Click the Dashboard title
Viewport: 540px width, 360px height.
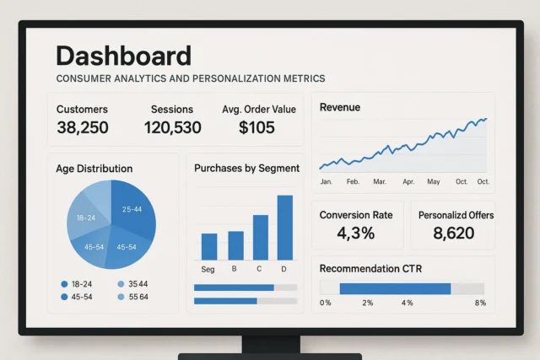point(123,56)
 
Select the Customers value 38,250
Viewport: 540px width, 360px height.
point(82,127)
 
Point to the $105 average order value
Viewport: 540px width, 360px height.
point(256,127)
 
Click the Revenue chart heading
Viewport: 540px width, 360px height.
point(340,107)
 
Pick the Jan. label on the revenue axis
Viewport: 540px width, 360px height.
point(327,181)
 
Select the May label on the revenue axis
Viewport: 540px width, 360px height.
point(434,181)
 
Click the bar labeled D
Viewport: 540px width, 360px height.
point(284,227)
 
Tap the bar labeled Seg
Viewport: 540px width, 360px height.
point(208,246)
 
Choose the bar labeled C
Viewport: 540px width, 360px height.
point(261,237)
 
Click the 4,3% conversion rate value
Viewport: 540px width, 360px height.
point(356,233)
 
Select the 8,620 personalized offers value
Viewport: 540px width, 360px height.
point(454,233)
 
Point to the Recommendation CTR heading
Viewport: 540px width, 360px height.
point(370,268)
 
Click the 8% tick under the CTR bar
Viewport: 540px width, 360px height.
point(481,302)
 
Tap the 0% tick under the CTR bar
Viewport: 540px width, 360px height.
point(326,302)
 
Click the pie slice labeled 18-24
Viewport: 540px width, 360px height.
point(85,218)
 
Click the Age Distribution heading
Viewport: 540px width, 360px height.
point(94,169)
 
